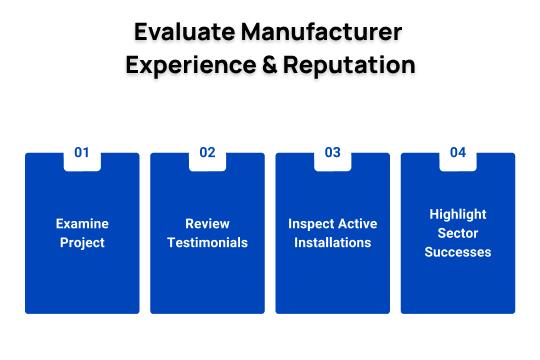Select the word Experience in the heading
[x=189, y=66]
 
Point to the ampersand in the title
[x=273, y=66]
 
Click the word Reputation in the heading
[x=351, y=66]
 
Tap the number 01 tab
[x=82, y=153]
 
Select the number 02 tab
[x=207, y=153]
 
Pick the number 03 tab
[x=332, y=153]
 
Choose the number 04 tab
[x=457, y=153]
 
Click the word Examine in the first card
[x=82, y=224]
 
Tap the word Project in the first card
[x=82, y=243]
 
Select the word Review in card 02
[x=207, y=224]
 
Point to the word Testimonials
[x=207, y=243]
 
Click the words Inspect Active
[x=332, y=224]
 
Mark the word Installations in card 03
[x=332, y=243]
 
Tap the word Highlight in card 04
[x=457, y=214]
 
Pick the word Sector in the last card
[x=457, y=233]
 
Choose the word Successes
[x=457, y=252]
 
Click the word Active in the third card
[x=356, y=224]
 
